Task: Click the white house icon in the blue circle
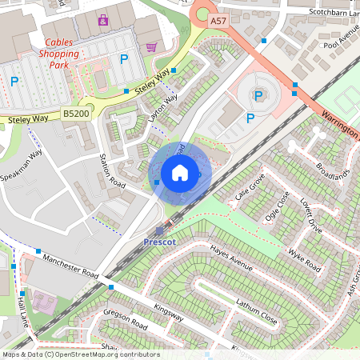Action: click(x=180, y=172)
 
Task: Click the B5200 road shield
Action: click(x=76, y=115)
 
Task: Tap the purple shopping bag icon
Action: click(x=103, y=19)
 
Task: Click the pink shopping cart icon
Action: click(x=151, y=47)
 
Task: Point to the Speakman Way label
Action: click(x=22, y=164)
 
